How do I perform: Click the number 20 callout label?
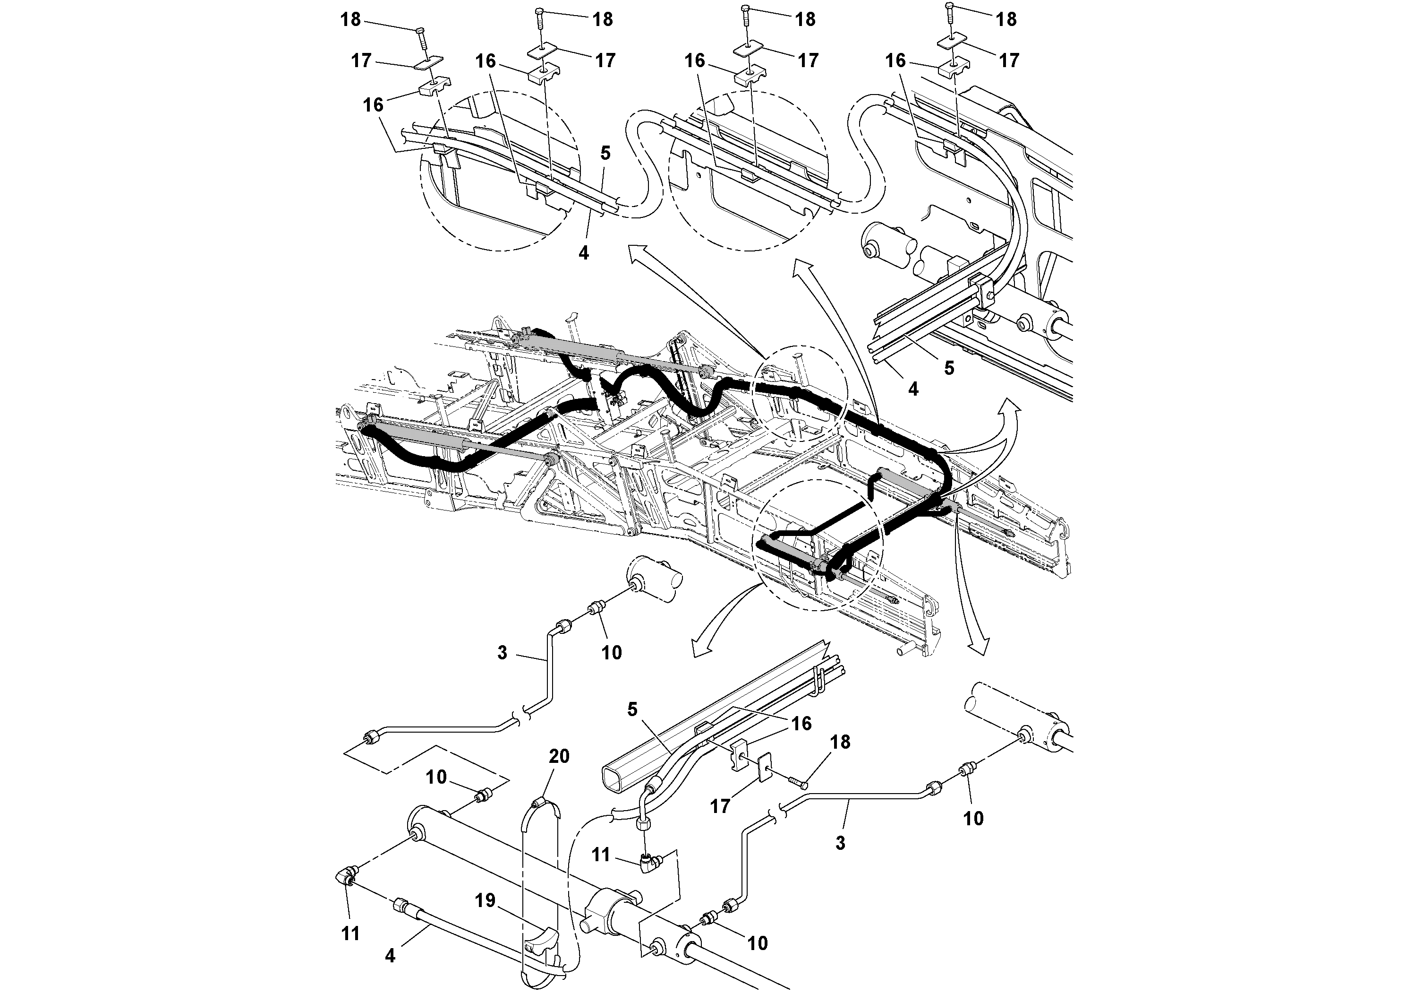pos(559,756)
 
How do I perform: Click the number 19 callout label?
pos(485,900)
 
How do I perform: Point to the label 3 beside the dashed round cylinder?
pos(502,653)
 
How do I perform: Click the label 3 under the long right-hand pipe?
pos(840,843)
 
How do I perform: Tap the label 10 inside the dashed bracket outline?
pos(436,777)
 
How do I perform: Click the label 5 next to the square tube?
pos(632,709)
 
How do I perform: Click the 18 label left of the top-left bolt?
pos(350,19)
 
